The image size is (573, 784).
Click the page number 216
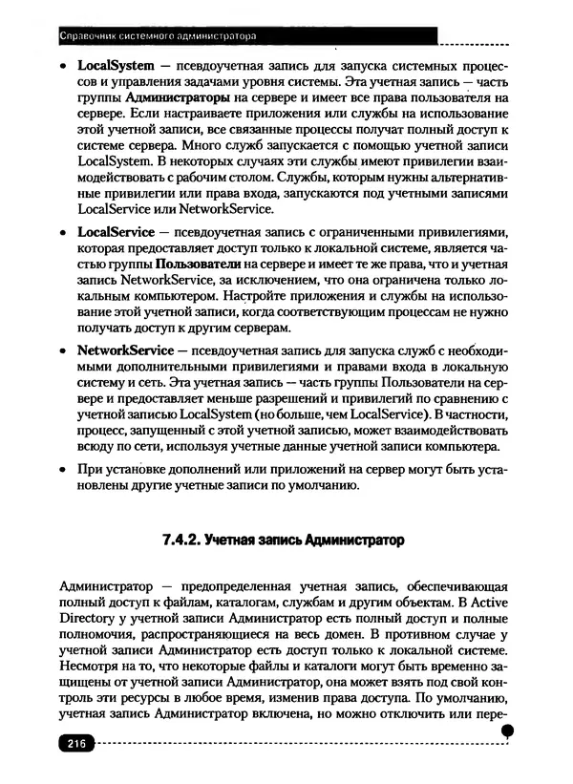click(x=73, y=745)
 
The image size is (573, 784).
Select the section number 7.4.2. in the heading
click(x=178, y=540)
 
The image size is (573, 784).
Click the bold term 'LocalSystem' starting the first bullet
click(x=110, y=68)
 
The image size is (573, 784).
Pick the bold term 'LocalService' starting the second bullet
click(x=111, y=232)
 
